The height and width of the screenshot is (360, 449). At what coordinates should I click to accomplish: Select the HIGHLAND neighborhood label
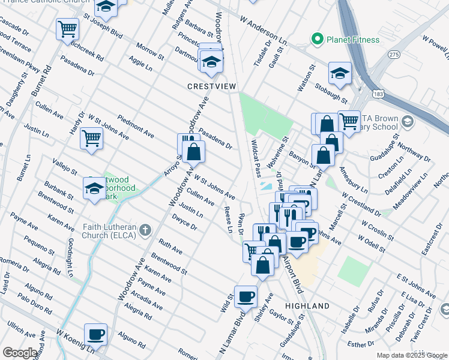point(307,306)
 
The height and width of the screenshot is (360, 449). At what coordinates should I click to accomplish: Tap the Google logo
point(20,353)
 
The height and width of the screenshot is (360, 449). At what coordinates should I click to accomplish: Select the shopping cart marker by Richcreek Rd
point(68,28)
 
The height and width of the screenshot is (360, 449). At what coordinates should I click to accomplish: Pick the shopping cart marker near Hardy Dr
point(92,138)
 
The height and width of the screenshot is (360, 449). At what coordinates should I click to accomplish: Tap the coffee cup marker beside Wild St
point(246,296)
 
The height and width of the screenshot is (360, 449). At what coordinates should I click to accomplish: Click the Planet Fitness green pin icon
point(318,40)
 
